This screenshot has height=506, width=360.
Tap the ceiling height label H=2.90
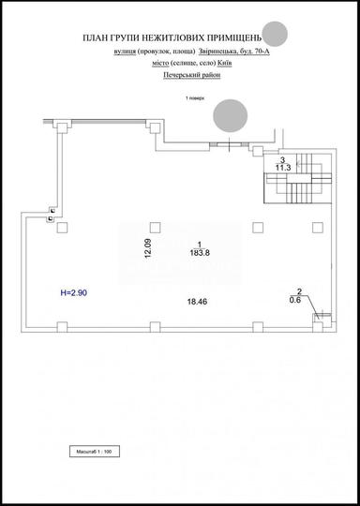point(74,293)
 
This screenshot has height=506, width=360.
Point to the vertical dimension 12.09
point(147,250)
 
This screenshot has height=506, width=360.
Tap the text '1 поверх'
point(194,97)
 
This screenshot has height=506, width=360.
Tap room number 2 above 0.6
point(298,291)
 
